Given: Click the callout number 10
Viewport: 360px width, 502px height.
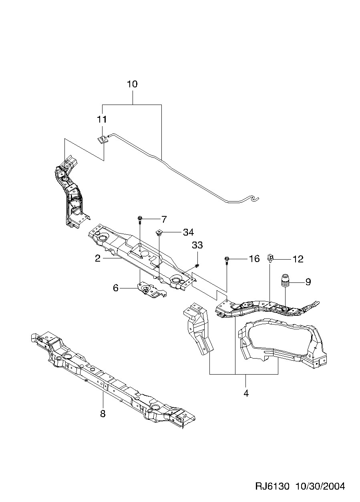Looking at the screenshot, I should tap(132, 85).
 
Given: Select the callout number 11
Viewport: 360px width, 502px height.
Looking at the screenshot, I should tap(102, 119).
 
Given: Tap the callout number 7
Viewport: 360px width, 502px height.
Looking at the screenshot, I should tap(164, 219).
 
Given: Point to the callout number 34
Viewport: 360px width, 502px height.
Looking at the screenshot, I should tap(188, 232).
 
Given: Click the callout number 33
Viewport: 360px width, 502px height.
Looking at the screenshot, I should tap(197, 245).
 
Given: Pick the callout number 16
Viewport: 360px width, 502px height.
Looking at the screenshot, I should tap(254, 259).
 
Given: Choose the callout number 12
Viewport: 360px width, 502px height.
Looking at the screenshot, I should tap(298, 259).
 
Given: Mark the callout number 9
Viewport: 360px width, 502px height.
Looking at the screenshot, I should tap(308, 282).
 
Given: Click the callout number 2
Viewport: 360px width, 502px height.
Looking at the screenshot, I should tap(98, 258).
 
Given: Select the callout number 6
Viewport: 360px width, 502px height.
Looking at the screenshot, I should tap(116, 288).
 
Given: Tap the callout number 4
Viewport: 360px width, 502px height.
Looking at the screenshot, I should tap(246, 393).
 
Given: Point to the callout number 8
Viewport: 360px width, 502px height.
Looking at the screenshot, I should tap(103, 414).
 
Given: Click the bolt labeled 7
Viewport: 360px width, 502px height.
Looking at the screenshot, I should tap(140, 219).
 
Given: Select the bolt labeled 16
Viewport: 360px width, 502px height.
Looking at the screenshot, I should tap(227, 260).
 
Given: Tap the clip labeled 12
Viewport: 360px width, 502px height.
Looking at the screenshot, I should tap(271, 258).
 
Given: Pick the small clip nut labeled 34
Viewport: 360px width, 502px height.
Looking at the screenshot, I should tap(159, 232).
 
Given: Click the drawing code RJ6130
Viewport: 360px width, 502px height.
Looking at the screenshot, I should tap(272, 486).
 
